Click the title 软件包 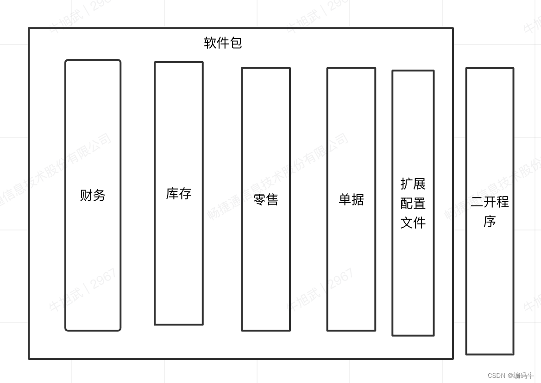coord(223,43)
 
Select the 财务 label coord(93,195)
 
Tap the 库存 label coord(179,193)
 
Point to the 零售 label coord(266,199)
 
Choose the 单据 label coord(351,199)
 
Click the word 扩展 coord(413,184)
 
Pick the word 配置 coord(413,203)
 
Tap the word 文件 coord(413,223)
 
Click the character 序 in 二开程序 coord(490,222)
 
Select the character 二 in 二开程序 coord(477,202)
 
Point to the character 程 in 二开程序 coord(503,202)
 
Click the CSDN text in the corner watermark coord(496,376)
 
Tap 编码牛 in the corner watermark coord(523,376)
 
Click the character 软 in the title coord(210,43)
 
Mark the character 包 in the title coord(236,43)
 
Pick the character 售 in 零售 coord(272,199)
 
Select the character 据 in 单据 coord(358,199)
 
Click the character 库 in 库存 coord(172,193)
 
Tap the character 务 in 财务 coord(99,195)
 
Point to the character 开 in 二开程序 coord(490,202)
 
